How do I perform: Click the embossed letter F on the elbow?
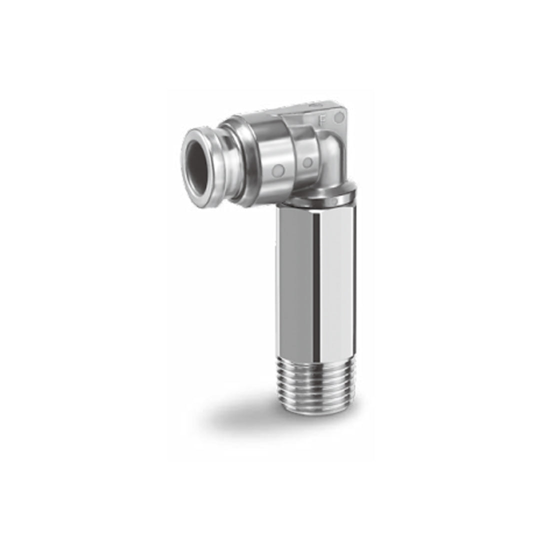(322, 119)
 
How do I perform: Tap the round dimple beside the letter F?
(339, 118)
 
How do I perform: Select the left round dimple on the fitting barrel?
(279, 170)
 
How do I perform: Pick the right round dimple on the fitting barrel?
(307, 162)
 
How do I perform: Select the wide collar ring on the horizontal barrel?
(237, 160)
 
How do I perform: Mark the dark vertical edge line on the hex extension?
(316, 280)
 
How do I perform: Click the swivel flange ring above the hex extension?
(320, 197)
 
